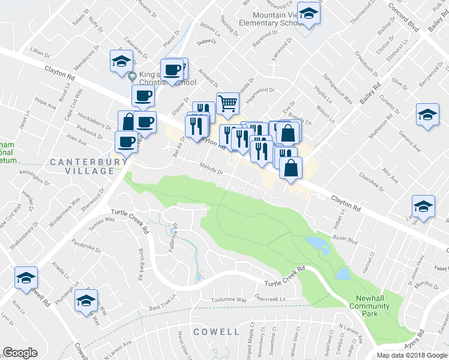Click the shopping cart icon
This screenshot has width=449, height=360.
pyautogui.click(x=228, y=103)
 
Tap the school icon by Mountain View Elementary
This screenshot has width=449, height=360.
pyautogui.click(x=309, y=14)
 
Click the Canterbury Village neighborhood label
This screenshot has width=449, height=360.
pyautogui.click(x=82, y=166)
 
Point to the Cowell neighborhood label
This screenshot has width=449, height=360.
pyautogui.click(x=216, y=331)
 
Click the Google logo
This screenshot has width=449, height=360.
pyautogui.click(x=20, y=353)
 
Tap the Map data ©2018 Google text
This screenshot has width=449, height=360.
pyautogui.click(x=412, y=355)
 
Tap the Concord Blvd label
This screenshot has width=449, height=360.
pyautogui.click(x=403, y=16)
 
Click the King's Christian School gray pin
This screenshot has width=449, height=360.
pyautogui.click(x=132, y=76)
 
